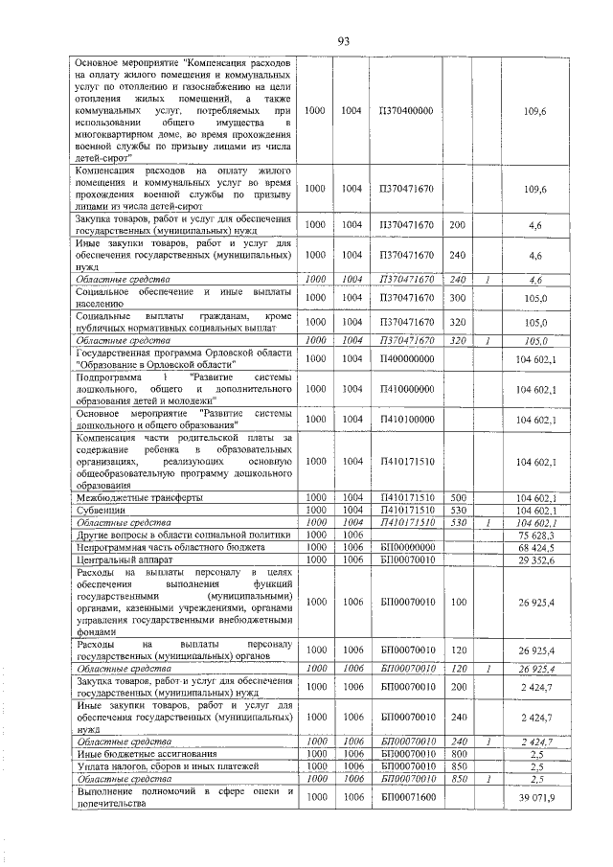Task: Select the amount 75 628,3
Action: point(536,536)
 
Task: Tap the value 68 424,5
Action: point(536,547)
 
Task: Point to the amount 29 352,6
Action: point(536,559)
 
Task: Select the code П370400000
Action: point(406,112)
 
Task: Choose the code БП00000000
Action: point(406,547)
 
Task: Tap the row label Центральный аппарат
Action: point(119,559)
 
